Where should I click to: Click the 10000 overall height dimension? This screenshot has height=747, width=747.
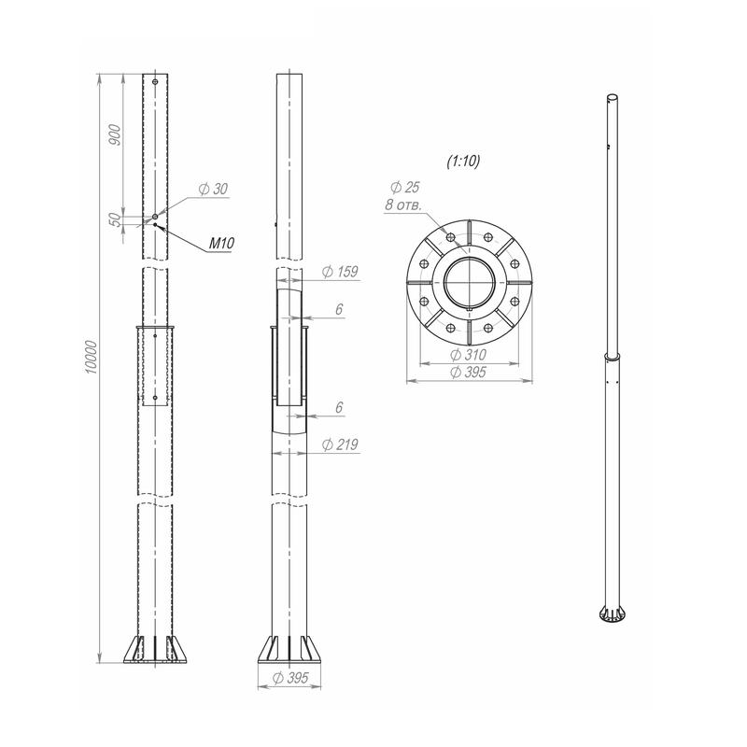coord(92,358)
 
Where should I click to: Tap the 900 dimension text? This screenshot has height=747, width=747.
coord(115,134)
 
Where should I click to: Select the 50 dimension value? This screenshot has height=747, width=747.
coord(115,219)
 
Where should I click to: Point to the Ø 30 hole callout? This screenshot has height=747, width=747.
coord(213,190)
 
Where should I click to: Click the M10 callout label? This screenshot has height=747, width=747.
coord(221,244)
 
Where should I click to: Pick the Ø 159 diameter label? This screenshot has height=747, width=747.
coord(340,272)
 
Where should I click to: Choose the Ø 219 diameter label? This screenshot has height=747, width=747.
coord(340,444)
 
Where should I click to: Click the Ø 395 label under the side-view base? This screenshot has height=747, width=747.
coord(290,678)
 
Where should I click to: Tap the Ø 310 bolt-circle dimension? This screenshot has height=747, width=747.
coord(469,355)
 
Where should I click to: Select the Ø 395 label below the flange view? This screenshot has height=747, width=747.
coord(469,372)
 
